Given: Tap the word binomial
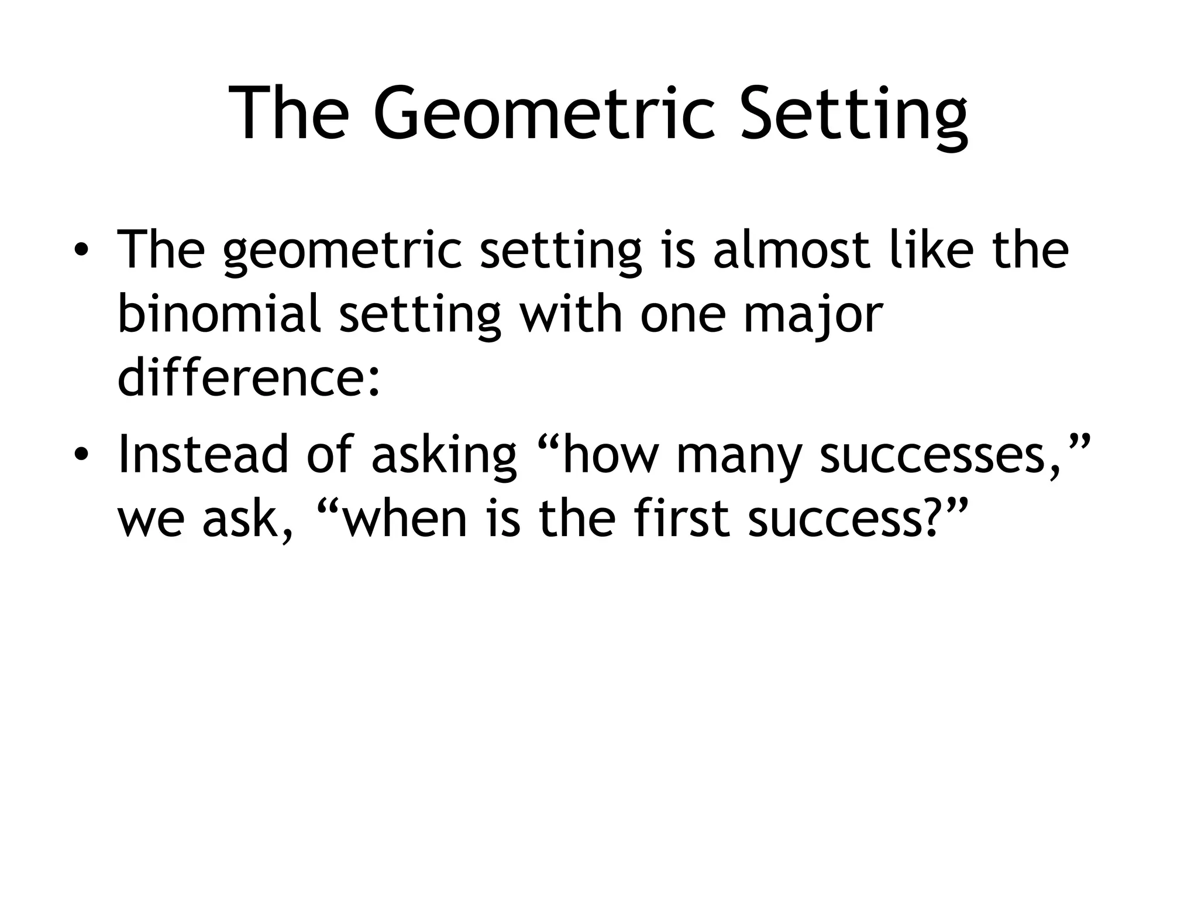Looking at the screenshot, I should [219, 314].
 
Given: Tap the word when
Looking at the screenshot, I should [404, 518].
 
